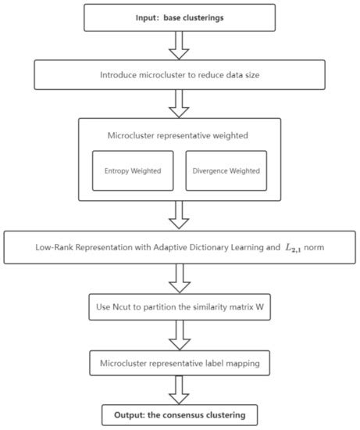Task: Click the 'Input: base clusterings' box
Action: pyautogui.click(x=180, y=16)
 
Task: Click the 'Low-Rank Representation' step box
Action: pyautogui.click(x=180, y=247)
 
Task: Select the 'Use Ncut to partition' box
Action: pyautogui.click(x=180, y=305)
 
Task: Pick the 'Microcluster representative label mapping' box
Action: pyautogui.click(x=180, y=363)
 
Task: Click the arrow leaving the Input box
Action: pyautogui.click(x=180, y=45)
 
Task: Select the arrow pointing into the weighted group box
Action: pyautogui.click(x=180, y=103)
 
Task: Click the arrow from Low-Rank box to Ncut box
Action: pyautogui.click(x=180, y=276)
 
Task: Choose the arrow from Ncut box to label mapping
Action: pyautogui.click(x=180, y=334)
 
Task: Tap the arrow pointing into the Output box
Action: pyautogui.click(x=180, y=389)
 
